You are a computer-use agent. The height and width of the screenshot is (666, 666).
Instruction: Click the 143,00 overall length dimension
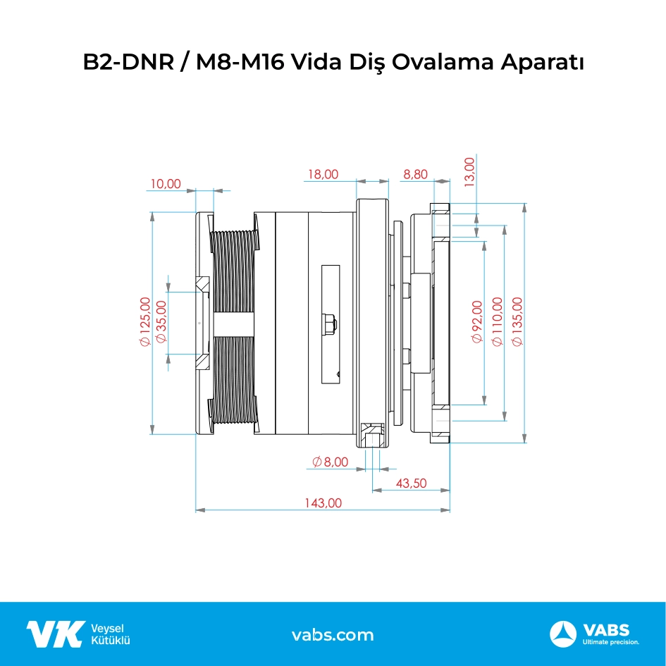coord(323,503)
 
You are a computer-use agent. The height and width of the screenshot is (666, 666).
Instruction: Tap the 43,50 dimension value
coord(411,483)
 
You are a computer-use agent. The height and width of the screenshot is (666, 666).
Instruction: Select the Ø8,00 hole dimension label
coord(330,462)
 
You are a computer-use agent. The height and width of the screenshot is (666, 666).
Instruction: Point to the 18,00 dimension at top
coord(323,174)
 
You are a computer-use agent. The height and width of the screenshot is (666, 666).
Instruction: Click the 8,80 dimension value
coord(415,174)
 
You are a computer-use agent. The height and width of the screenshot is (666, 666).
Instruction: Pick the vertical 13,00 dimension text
coord(469,172)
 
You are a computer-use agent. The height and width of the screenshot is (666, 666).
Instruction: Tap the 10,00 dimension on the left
coord(166,183)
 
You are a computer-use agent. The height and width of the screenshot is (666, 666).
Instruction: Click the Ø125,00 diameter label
coord(145,321)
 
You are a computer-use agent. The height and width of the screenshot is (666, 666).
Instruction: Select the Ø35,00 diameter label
coord(161,321)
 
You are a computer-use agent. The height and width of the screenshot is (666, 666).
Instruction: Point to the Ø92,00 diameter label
coord(477,321)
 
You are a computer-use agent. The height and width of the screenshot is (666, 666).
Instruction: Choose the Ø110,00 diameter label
coord(497,321)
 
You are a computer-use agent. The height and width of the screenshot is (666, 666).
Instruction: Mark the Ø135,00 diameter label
coord(517,321)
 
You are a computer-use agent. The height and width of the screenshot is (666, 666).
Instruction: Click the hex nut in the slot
coord(330,324)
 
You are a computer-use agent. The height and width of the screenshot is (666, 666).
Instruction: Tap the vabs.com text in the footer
coord(333,635)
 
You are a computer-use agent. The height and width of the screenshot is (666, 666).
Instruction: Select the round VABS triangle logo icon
coord(563,634)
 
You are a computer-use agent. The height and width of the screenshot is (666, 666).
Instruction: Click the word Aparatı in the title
coord(542,62)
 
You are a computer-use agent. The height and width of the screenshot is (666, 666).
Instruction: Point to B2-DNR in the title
coord(128,62)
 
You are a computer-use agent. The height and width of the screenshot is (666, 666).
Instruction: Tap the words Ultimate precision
coord(611,642)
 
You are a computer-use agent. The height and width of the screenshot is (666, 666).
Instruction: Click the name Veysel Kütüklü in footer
coord(111,634)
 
